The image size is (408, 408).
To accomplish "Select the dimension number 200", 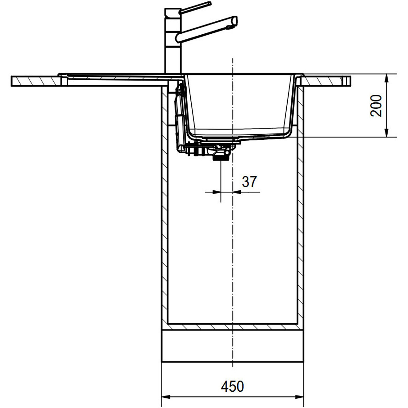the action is pos(376,106).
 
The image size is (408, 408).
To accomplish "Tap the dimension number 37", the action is pos(249,182).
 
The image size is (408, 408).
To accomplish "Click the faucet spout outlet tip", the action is pos(234,22).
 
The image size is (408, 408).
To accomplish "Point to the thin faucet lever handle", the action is pos(195,8).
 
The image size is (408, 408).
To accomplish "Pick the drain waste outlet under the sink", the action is pos(221,157).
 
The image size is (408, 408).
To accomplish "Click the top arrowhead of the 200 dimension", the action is pos(387,78).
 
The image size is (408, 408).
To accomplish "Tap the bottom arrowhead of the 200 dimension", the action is pos(387,133).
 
